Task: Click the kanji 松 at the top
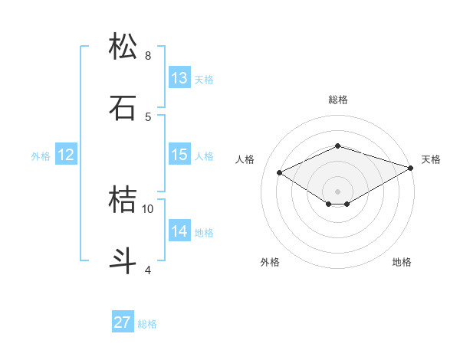[123, 47]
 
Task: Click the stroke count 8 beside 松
[148, 56]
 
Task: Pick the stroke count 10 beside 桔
[148, 208]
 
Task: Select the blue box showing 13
[179, 78]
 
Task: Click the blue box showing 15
[179, 155]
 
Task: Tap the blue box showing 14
[179, 231]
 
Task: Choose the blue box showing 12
[66, 155]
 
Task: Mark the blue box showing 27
[123, 322]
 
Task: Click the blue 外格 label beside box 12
[41, 156]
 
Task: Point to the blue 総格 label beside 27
[147, 324]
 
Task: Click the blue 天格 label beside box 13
[203, 80]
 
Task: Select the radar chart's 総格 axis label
[338, 100]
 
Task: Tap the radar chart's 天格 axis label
[431, 159]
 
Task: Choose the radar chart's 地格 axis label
[402, 262]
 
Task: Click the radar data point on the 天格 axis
[412, 167]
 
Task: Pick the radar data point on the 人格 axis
[280, 172]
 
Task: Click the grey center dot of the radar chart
[338, 191]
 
